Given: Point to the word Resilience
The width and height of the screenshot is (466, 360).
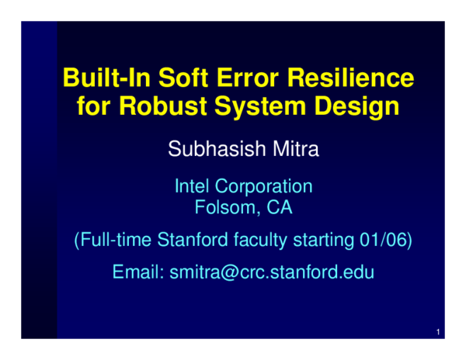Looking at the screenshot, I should [352, 78].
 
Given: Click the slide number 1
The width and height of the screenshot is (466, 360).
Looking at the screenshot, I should [439, 334].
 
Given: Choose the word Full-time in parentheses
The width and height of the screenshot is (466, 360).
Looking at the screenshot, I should [113, 241].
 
